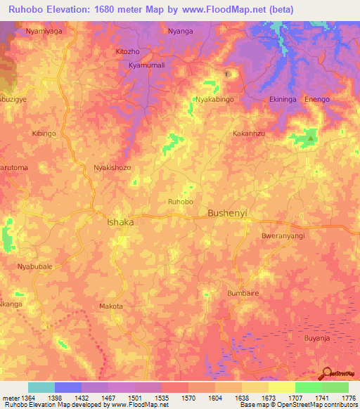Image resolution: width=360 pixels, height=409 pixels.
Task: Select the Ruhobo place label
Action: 180,202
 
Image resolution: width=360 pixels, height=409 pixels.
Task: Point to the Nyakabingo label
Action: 216,100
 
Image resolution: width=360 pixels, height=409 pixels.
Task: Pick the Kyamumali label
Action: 146,65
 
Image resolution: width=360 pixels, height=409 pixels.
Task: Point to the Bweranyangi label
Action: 283,236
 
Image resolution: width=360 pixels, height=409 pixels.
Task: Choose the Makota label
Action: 111,306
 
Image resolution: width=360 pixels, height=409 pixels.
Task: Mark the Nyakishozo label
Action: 112,168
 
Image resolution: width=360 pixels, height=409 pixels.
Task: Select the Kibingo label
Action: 44,134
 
